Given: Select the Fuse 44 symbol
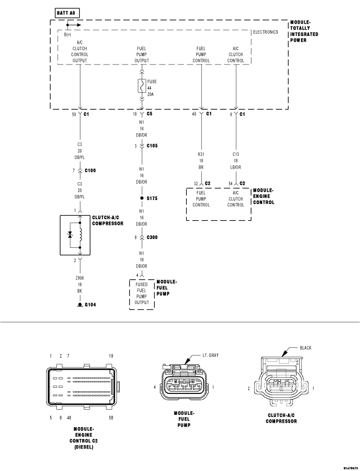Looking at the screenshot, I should (142, 86).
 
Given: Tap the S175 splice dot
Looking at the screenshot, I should (142, 198).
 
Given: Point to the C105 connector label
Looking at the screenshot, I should (152, 146).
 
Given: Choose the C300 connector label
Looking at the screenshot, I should (152, 238).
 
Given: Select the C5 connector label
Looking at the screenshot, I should (150, 114).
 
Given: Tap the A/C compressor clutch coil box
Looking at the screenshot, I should (80, 235).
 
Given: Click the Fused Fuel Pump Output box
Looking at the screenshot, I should (142, 293).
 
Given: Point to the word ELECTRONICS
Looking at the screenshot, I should (265, 33).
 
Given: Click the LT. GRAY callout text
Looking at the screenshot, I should (211, 356).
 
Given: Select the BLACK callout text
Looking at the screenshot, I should (305, 347).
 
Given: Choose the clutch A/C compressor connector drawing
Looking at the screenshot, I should (281, 385).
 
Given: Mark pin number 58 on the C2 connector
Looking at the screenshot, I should (111, 418).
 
